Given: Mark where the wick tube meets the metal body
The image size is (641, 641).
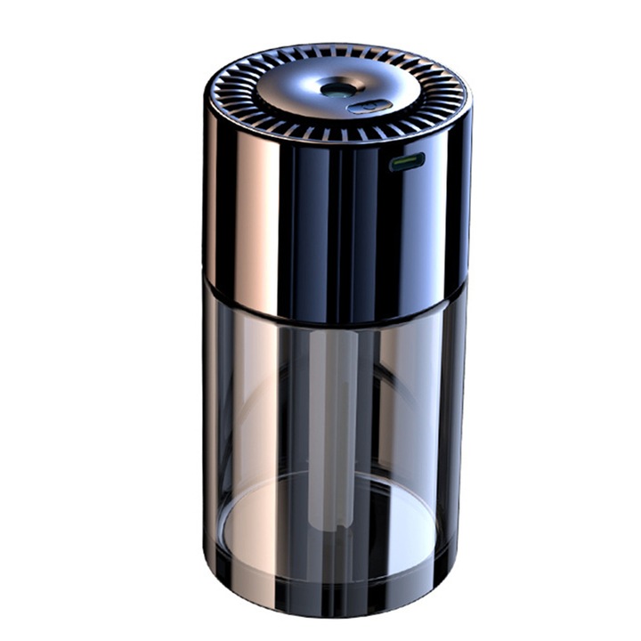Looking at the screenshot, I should (337, 326).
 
